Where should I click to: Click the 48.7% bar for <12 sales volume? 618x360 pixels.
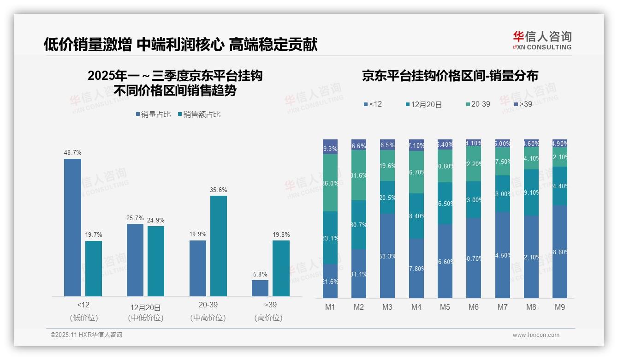click(x=72, y=227)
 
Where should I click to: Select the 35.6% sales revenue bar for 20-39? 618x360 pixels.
click(x=219, y=246)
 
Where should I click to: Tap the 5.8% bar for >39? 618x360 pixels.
click(x=260, y=288)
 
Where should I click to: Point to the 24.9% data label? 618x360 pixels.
click(x=156, y=220)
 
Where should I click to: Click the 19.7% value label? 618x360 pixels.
click(x=93, y=235)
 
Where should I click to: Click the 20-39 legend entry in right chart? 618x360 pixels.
click(x=478, y=104)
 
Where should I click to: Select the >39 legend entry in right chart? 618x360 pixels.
click(x=523, y=104)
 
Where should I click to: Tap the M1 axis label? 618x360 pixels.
click(x=330, y=307)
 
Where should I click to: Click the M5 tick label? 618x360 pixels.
click(x=445, y=307)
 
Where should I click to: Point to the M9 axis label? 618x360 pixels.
click(x=559, y=307)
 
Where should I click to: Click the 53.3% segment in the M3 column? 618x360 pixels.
click(x=387, y=255)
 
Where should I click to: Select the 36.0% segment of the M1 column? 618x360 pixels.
click(x=330, y=183)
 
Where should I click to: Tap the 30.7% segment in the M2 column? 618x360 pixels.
click(x=359, y=225)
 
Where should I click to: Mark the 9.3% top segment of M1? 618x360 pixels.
click(x=330, y=147)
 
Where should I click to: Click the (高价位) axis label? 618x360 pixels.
click(x=268, y=318)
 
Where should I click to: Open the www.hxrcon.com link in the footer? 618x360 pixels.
click(x=536, y=335)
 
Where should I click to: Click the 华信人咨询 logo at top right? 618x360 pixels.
click(x=542, y=40)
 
